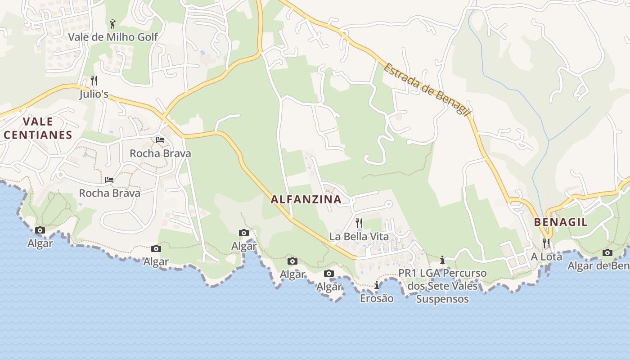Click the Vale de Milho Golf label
113,37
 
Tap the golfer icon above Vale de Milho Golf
112,23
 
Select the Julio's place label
94,94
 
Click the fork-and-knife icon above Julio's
94,81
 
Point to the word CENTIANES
38,135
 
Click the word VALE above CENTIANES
38,121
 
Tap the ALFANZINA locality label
306,199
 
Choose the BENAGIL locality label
561,222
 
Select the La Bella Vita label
359,236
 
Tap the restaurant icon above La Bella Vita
359,223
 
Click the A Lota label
546,256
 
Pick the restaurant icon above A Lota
546,243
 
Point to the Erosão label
377,298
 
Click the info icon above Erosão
377,285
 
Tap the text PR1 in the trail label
407,273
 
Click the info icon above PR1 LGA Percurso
442,260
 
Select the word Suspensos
442,299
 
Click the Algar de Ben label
598,266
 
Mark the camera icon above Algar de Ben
607,252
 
